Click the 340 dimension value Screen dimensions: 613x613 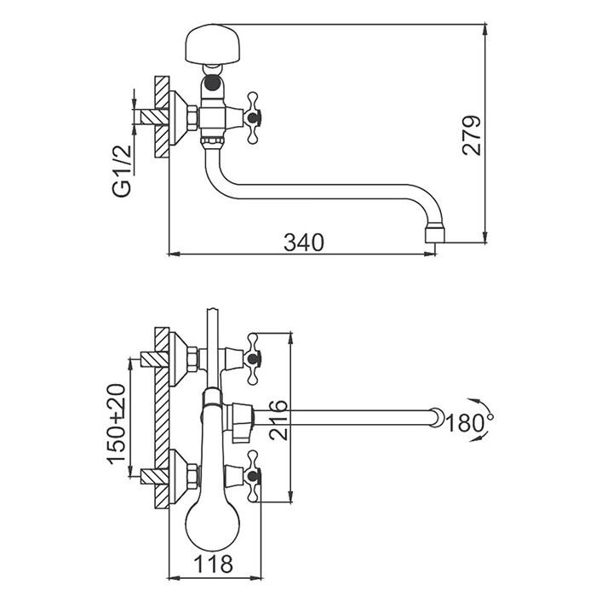tap(304, 243)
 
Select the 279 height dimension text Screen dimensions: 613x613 tap(472, 135)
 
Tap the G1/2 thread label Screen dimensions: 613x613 tap(122, 171)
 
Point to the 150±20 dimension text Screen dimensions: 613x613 tap(117, 424)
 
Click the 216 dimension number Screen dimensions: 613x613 tap(278, 421)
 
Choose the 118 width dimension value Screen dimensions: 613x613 tap(213, 564)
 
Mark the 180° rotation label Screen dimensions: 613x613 tap(469, 422)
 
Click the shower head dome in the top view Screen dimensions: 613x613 tap(211, 43)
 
